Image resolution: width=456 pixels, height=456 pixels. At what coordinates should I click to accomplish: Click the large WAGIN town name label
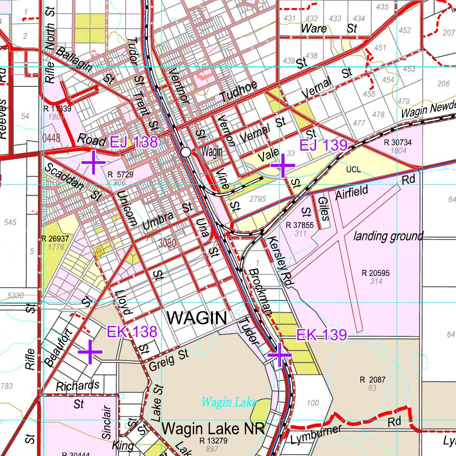(x=197, y=318)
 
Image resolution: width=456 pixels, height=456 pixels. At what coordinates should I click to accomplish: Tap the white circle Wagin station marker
(x=186, y=152)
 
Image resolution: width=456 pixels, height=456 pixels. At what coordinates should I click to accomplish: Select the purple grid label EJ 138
(x=134, y=142)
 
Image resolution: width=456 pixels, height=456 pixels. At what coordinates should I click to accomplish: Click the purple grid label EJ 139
(x=323, y=145)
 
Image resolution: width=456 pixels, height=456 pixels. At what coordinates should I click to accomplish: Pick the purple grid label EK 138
(x=132, y=332)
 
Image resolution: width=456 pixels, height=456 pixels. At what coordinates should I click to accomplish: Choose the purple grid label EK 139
(x=322, y=335)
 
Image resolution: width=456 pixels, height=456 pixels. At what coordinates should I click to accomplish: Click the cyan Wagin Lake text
(x=229, y=402)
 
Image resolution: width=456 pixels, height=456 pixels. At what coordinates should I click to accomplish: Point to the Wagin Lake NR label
(x=214, y=429)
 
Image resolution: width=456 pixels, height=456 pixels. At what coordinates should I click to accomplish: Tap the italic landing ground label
(x=388, y=236)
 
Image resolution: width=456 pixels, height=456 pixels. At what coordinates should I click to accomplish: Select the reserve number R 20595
(x=375, y=273)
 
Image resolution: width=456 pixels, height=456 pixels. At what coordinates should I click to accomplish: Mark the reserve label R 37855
(x=300, y=225)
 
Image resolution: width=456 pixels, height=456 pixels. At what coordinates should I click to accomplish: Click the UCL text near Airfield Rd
(x=353, y=170)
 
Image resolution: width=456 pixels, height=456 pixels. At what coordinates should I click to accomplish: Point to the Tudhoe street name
(x=239, y=91)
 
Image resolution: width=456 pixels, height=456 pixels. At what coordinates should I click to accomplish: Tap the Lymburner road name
(x=316, y=436)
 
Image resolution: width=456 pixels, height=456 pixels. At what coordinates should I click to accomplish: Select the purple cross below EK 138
(x=90, y=352)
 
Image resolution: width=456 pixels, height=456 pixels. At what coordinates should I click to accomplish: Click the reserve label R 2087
(x=372, y=380)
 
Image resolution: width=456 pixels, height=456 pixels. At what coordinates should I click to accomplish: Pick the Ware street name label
(x=314, y=28)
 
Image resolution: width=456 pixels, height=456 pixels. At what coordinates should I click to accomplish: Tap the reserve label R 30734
(x=397, y=142)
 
